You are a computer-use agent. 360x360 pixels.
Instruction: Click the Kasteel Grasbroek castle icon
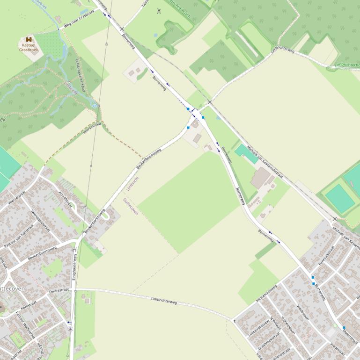[x=29, y=39]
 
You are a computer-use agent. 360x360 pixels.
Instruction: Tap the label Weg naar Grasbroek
[x=79, y=19]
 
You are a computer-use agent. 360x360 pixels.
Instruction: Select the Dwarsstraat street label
[x=59, y=291]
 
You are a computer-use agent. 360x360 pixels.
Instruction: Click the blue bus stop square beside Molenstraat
[x=344, y=327]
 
